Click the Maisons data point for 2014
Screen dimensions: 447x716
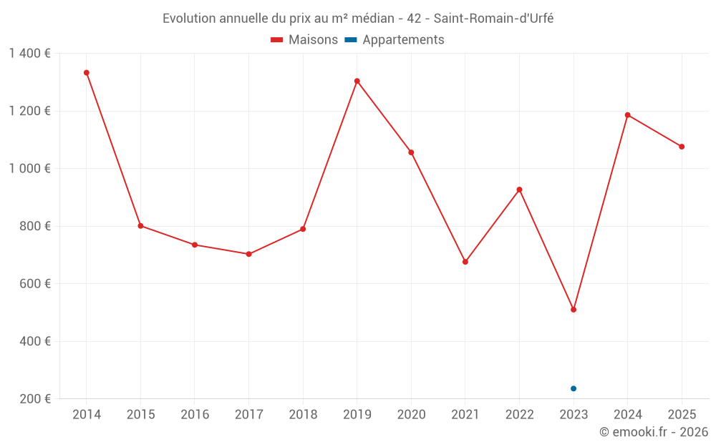tap(87, 73)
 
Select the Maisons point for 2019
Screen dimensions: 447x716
tap(357, 81)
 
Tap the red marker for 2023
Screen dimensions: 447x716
tap(574, 310)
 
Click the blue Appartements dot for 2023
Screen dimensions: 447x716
tap(574, 388)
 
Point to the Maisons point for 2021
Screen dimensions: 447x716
tap(465, 262)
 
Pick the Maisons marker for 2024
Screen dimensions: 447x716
tap(628, 115)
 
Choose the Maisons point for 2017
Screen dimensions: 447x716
tap(248, 254)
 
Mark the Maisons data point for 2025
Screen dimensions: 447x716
tap(682, 147)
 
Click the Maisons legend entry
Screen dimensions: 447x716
tap(304, 40)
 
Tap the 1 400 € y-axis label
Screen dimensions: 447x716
tap(30, 54)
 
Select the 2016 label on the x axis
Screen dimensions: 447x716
tap(195, 415)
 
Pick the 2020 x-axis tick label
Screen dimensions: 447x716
tap(411, 415)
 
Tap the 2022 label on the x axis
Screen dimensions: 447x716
tap(519, 415)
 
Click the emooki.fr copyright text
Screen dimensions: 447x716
tap(653, 432)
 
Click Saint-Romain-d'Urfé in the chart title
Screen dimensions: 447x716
tap(493, 19)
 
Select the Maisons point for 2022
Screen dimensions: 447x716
tap(520, 190)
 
